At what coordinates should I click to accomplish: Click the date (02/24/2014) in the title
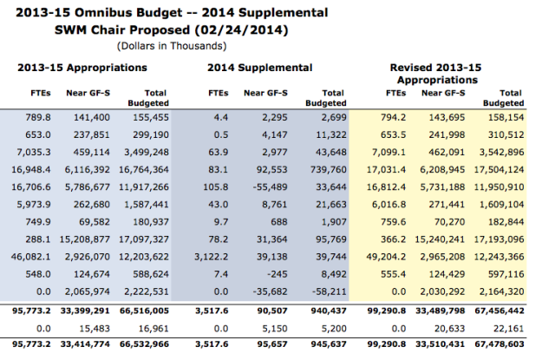pos(241,30)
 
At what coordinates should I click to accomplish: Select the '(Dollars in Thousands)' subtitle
pos(172,46)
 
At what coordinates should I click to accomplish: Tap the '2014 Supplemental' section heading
pos(260,68)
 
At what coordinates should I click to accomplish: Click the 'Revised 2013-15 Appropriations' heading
pos(436,74)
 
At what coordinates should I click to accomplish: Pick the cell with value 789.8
pos(38,117)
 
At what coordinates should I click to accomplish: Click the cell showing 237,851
pos(92,134)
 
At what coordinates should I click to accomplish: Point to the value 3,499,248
pos(147,152)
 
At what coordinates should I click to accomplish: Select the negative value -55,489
pos(270,187)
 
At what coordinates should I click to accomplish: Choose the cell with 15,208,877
pos(85,239)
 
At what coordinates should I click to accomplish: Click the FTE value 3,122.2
pos(212,257)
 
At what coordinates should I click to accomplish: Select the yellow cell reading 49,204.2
pos(386,257)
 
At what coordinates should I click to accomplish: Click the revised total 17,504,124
pos(499,169)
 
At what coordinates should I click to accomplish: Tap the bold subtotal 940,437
pos(329,311)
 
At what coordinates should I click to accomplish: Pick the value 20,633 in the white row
pos(449,329)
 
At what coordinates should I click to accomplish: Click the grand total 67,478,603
pos(499,344)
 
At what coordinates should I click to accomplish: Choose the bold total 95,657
pos(272,344)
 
